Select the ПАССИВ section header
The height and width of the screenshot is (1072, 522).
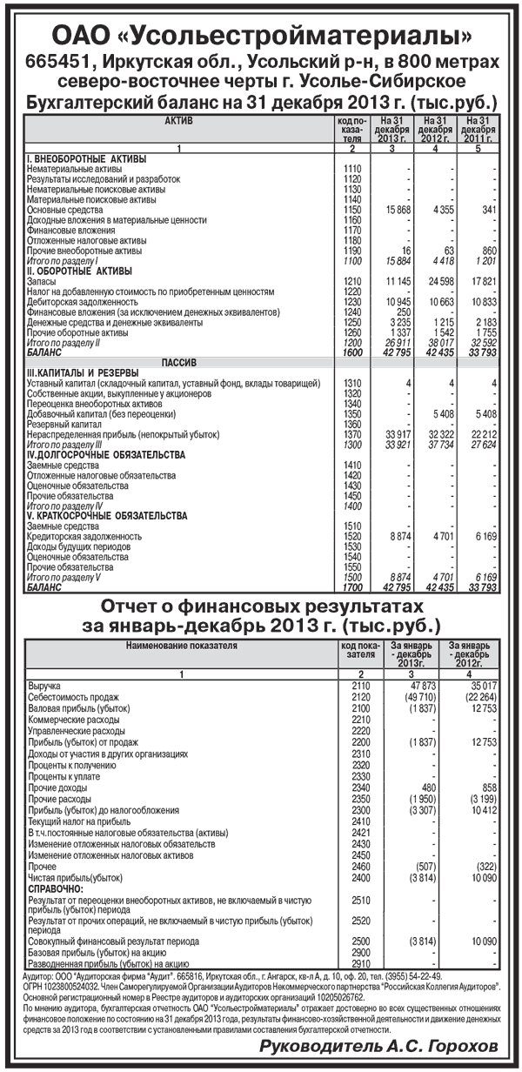pyautogui.click(x=178, y=362)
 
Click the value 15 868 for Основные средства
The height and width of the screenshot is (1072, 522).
pyautogui.click(x=395, y=210)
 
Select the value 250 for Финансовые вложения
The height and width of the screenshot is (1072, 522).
pyautogui.click(x=403, y=312)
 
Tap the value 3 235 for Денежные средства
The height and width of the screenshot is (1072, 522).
pyautogui.click(x=398, y=322)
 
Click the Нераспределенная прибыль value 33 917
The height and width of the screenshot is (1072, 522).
pyautogui.click(x=395, y=434)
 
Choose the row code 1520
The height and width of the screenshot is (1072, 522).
pyautogui.click(x=351, y=537)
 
